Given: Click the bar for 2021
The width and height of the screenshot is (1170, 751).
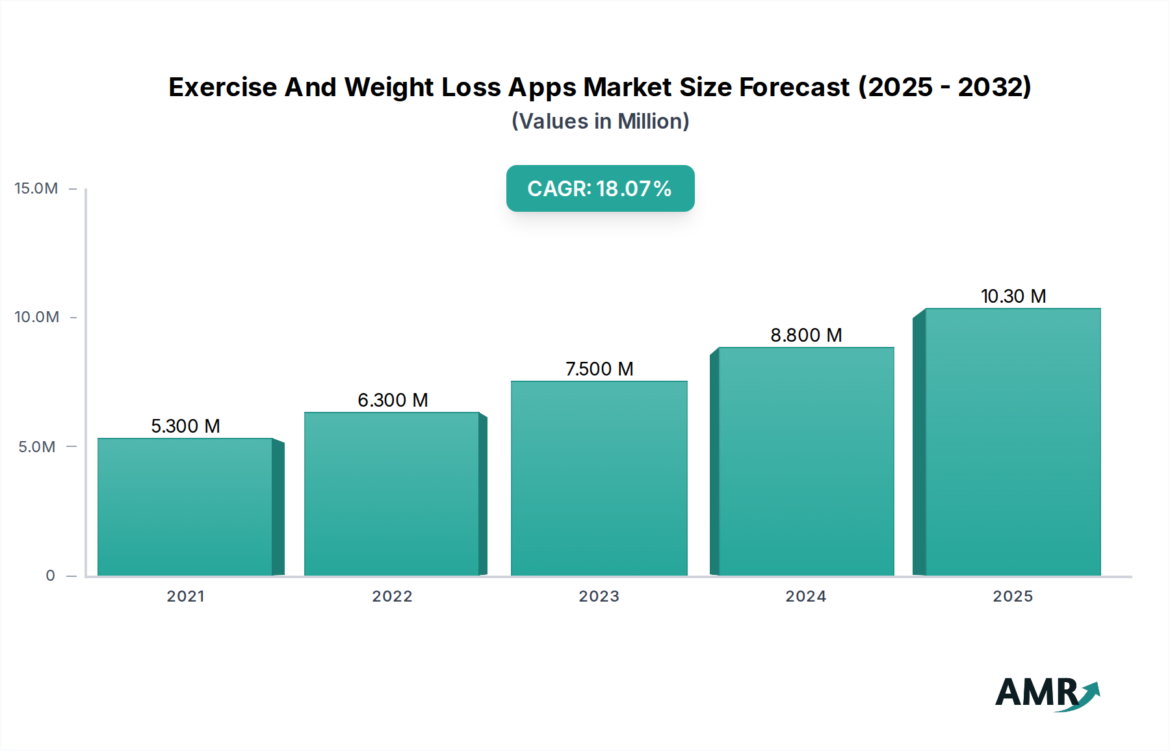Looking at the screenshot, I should coord(185,507).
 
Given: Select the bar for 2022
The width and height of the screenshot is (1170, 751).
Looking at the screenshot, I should coord(392,494).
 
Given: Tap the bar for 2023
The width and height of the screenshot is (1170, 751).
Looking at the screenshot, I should coord(599,478).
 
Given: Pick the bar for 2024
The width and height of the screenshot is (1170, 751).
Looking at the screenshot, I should coord(806,461).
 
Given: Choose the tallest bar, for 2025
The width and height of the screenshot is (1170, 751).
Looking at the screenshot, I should coord(1013,442).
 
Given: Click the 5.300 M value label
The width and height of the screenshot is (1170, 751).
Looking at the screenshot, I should coord(185,426).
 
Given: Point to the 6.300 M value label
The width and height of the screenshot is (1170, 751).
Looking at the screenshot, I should coord(393,400).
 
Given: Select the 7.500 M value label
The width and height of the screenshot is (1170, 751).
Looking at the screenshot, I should coord(599,369).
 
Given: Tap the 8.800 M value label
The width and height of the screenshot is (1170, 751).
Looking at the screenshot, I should coord(806,335).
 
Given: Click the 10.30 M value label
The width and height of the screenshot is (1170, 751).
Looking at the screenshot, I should coord(1013,296).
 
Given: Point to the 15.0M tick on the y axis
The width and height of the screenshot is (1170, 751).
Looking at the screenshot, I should coord(36,188).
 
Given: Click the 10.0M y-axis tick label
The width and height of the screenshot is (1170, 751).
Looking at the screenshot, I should coord(36,317).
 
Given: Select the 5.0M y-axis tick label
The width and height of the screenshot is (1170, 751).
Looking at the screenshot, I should coord(36,447).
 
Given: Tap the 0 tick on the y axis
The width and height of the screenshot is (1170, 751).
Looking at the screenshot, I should coord(50,576).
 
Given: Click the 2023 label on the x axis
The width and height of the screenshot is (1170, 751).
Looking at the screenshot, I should coord(599,596).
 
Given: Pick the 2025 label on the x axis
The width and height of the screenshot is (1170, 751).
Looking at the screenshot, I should coord(1013,596).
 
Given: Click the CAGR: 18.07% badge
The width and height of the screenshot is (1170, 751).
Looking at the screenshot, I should coord(600,188).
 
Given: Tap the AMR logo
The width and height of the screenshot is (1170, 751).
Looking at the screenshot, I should coord(1046,693).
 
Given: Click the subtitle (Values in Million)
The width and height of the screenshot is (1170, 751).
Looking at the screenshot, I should coord(600,121).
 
